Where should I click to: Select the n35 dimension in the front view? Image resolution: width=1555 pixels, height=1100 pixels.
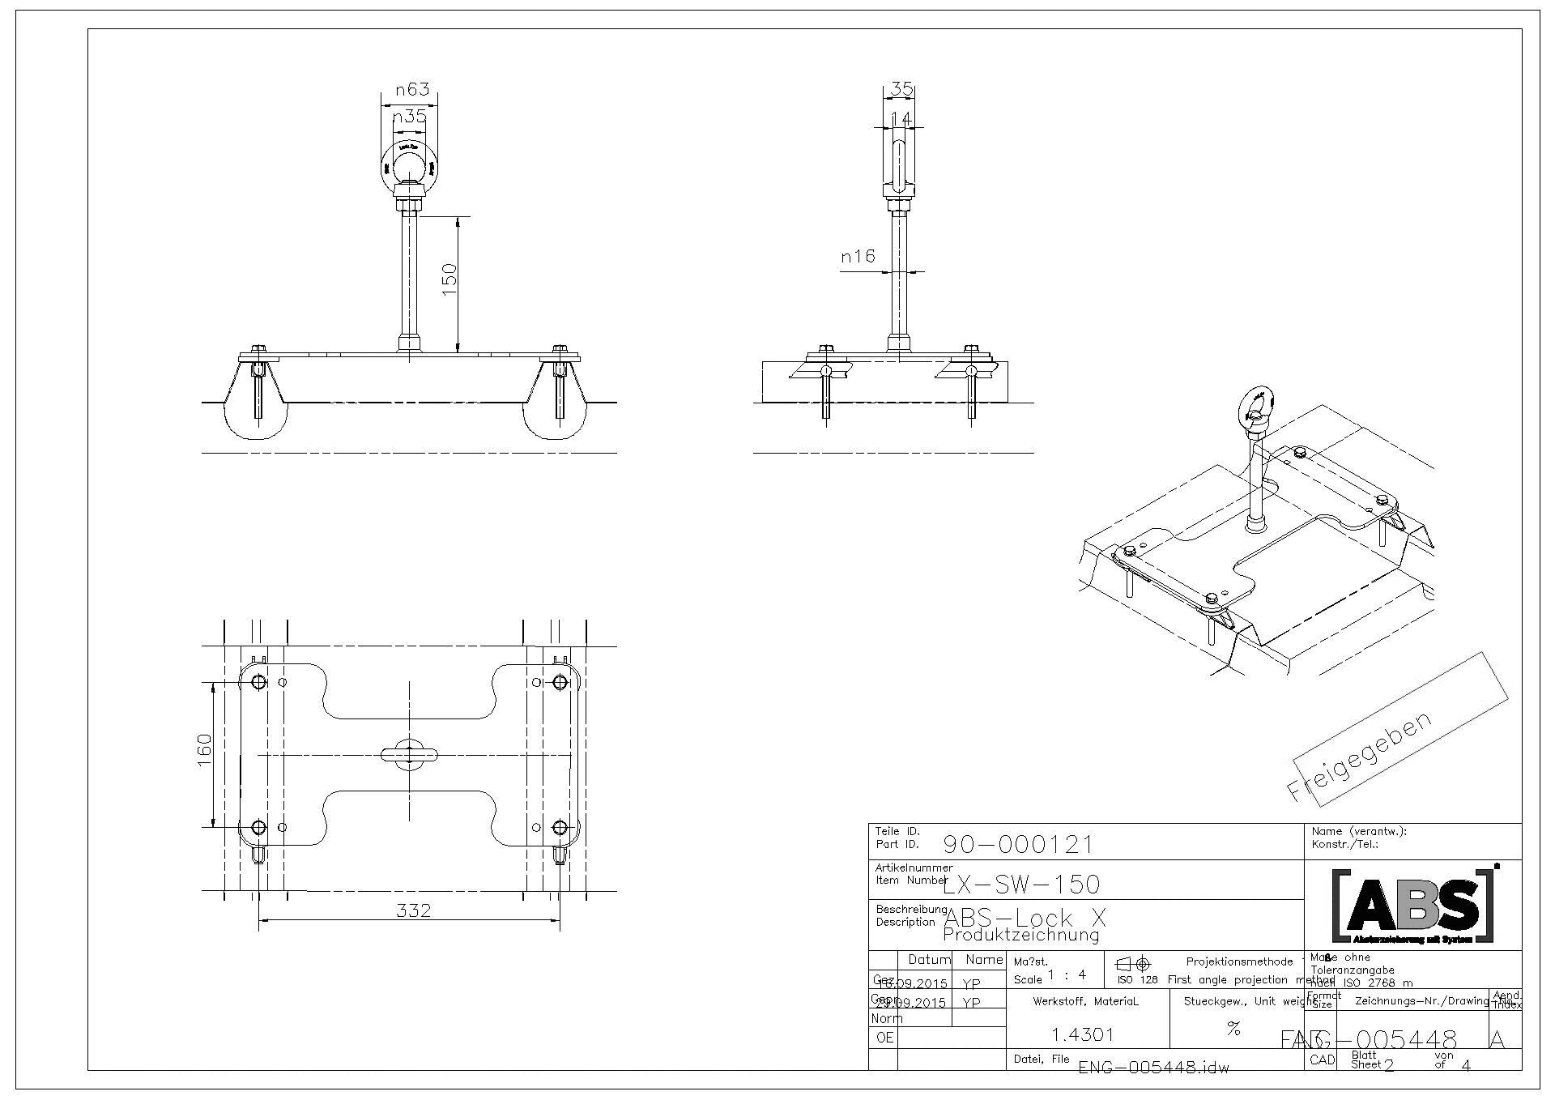click(x=409, y=117)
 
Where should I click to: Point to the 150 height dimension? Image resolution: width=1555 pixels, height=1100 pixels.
click(x=449, y=279)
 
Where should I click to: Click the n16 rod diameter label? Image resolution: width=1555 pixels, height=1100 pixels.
click(x=858, y=257)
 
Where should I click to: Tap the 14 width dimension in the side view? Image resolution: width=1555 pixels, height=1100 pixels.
click(x=901, y=119)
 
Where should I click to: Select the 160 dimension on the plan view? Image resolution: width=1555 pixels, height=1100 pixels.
click(x=204, y=749)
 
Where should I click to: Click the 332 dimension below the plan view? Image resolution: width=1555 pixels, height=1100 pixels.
click(x=414, y=910)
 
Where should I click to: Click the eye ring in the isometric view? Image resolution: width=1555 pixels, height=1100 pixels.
click(x=1256, y=403)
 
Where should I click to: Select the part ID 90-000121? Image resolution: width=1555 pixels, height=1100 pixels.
click(x=1018, y=846)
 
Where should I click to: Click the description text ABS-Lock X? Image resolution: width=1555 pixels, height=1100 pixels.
click(x=1025, y=919)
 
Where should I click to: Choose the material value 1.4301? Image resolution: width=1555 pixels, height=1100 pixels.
click(x=1082, y=1034)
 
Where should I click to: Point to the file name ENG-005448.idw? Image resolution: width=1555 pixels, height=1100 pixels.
click(x=1153, y=1068)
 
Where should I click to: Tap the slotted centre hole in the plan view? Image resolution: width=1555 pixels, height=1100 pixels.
click(x=409, y=754)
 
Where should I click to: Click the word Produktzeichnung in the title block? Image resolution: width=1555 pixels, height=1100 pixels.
click(x=1020, y=935)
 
